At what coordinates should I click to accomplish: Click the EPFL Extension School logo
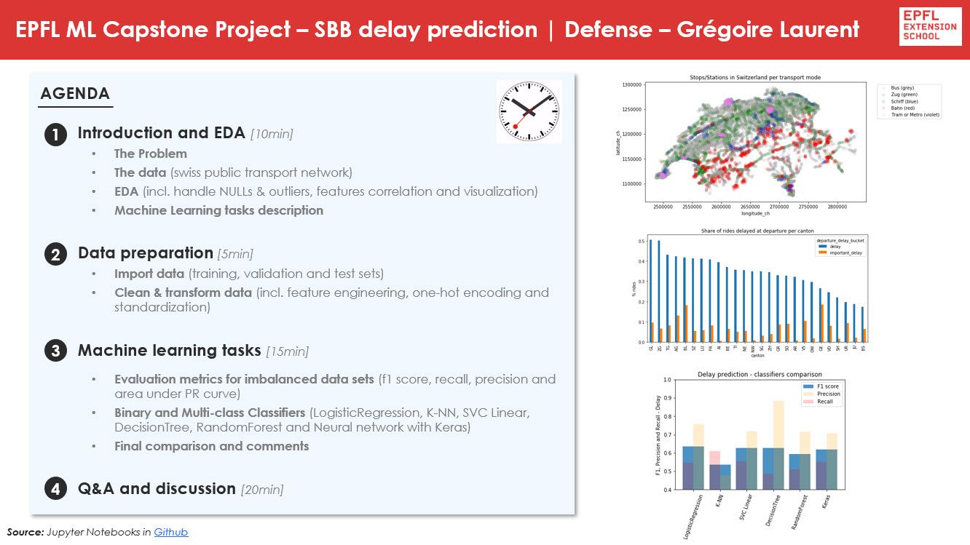tap(930, 27)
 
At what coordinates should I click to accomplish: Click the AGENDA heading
tap(75, 94)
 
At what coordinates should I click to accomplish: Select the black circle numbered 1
tap(55, 135)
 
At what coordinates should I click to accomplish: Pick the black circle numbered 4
tap(55, 490)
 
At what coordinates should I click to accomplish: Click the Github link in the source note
tap(170, 532)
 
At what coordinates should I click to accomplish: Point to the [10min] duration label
tap(271, 134)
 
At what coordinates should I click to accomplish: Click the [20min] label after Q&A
tap(261, 490)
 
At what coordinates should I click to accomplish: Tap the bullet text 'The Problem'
tap(150, 154)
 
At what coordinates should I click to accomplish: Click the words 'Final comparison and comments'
tap(211, 446)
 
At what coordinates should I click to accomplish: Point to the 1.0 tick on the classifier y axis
tap(666, 380)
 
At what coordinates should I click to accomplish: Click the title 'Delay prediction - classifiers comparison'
tap(757, 374)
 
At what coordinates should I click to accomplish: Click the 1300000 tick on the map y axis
tap(631, 85)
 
